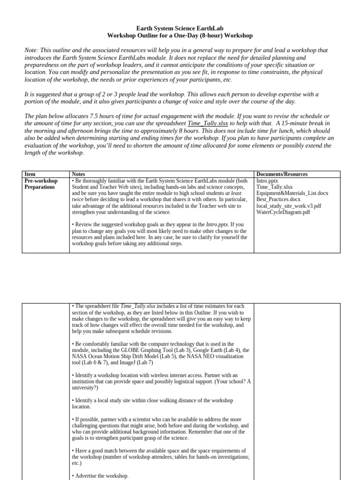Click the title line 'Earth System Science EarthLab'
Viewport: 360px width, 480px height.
click(180, 28)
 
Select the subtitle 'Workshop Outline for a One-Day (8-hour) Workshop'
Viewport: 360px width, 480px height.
click(180, 36)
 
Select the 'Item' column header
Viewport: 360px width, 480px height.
click(30, 174)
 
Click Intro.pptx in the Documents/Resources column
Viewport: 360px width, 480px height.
click(268, 180)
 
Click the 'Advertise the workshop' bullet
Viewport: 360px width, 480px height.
click(101, 476)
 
